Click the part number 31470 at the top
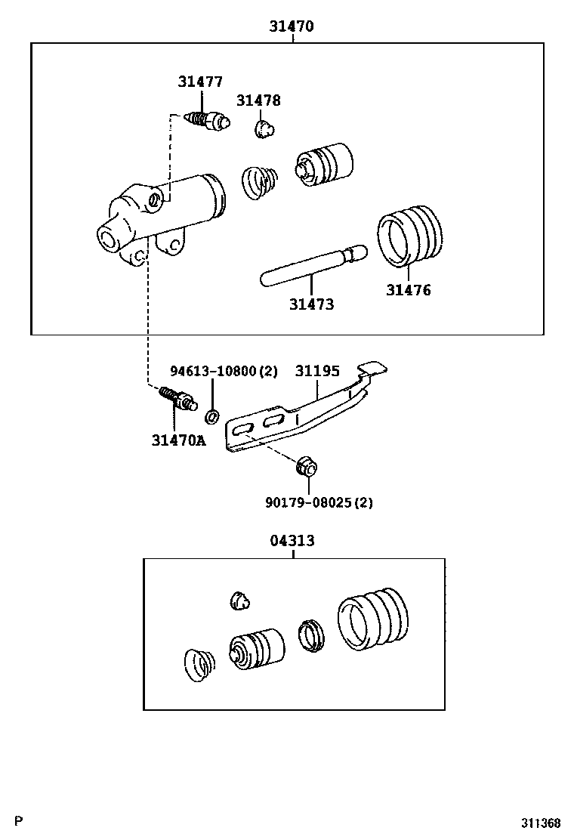tap(292, 26)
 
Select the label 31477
tap(200, 82)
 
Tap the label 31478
tap(258, 100)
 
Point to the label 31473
tap(311, 304)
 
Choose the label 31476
tap(409, 290)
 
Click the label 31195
tap(317, 371)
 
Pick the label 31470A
tap(177, 440)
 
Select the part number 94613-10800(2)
tap(224, 371)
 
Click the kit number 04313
tap(292, 541)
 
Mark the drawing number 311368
tap(539, 823)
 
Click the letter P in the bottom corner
tap(20, 821)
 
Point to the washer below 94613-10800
tap(212, 415)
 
